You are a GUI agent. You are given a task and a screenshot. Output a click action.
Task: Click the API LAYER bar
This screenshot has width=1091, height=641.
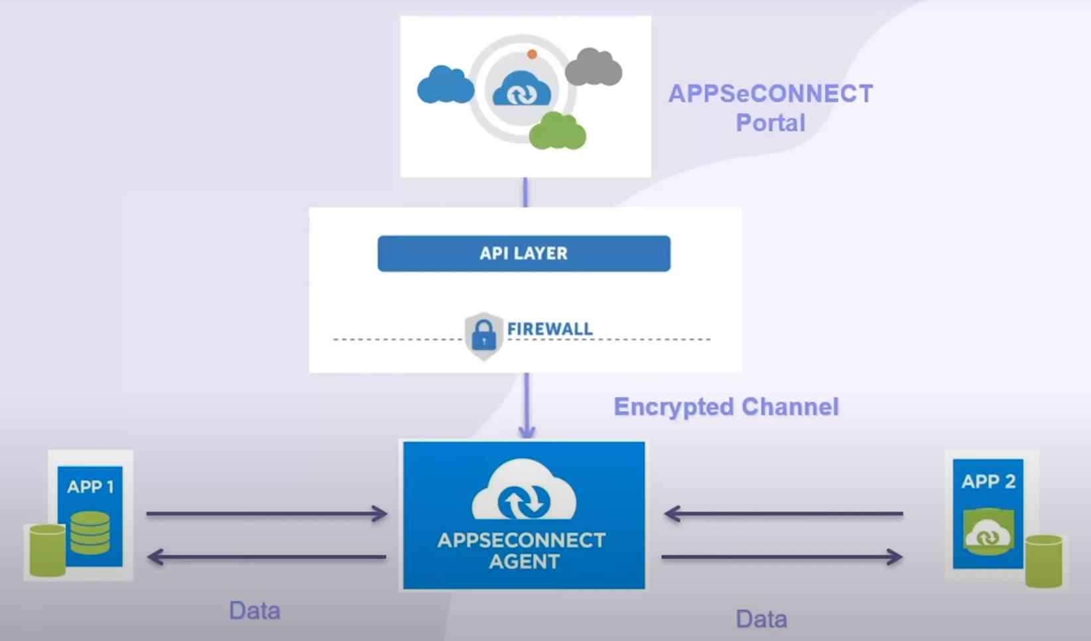click(x=523, y=253)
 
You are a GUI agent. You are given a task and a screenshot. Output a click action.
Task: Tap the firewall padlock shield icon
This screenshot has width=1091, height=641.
click(x=483, y=335)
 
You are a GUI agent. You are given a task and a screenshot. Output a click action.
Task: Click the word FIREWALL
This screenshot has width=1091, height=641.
click(x=550, y=329)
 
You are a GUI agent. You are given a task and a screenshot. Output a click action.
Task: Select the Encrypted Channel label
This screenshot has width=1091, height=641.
click(x=726, y=406)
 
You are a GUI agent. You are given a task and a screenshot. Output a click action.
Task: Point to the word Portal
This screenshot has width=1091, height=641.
click(x=770, y=123)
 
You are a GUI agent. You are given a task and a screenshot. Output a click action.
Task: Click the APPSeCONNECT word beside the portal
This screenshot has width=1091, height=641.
click(x=770, y=93)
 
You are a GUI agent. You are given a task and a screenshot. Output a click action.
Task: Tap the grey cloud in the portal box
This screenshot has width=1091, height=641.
click(x=594, y=68)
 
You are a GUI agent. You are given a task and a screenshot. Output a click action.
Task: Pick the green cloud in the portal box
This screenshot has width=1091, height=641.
click(x=557, y=131)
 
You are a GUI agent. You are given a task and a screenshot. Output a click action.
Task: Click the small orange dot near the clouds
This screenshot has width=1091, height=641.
click(x=532, y=54)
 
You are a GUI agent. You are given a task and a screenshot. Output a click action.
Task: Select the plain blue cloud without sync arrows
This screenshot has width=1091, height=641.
click(x=445, y=86)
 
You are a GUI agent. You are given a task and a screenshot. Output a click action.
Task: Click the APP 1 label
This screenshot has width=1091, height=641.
click(x=90, y=487)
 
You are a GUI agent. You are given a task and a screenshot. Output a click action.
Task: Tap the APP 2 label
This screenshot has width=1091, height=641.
click(x=988, y=481)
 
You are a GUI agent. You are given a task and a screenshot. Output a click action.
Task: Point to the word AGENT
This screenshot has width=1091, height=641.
click(x=523, y=562)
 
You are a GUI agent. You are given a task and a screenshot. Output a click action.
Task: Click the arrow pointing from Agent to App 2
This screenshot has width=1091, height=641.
click(x=783, y=557)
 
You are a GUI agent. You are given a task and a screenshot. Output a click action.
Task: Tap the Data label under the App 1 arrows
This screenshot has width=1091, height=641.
click(x=255, y=611)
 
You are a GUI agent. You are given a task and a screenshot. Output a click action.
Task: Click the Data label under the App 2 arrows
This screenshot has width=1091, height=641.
click(x=761, y=619)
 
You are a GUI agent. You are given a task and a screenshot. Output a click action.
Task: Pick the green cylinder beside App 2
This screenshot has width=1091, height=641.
click(x=1043, y=561)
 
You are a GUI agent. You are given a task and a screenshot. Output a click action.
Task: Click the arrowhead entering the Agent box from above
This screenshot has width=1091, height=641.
click(x=527, y=431)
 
